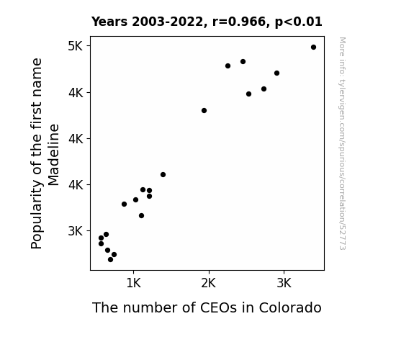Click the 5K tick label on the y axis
[x=76, y=46]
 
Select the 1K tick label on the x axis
[x=134, y=283]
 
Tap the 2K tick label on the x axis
[x=209, y=283]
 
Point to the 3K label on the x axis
[x=284, y=283]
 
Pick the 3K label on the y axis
[x=76, y=231]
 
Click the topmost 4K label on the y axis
[x=76, y=93]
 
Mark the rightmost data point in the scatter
[x=313, y=48]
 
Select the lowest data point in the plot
[x=111, y=260]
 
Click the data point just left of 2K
[x=204, y=111]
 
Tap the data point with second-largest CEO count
[x=276, y=73]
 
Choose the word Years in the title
[x=109, y=22]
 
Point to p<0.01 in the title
[x=299, y=22]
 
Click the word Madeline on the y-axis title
[x=53, y=155]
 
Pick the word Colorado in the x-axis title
[x=290, y=307]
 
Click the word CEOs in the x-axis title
[x=218, y=307]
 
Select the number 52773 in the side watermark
[x=342, y=238]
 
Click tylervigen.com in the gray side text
[x=342, y=102]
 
